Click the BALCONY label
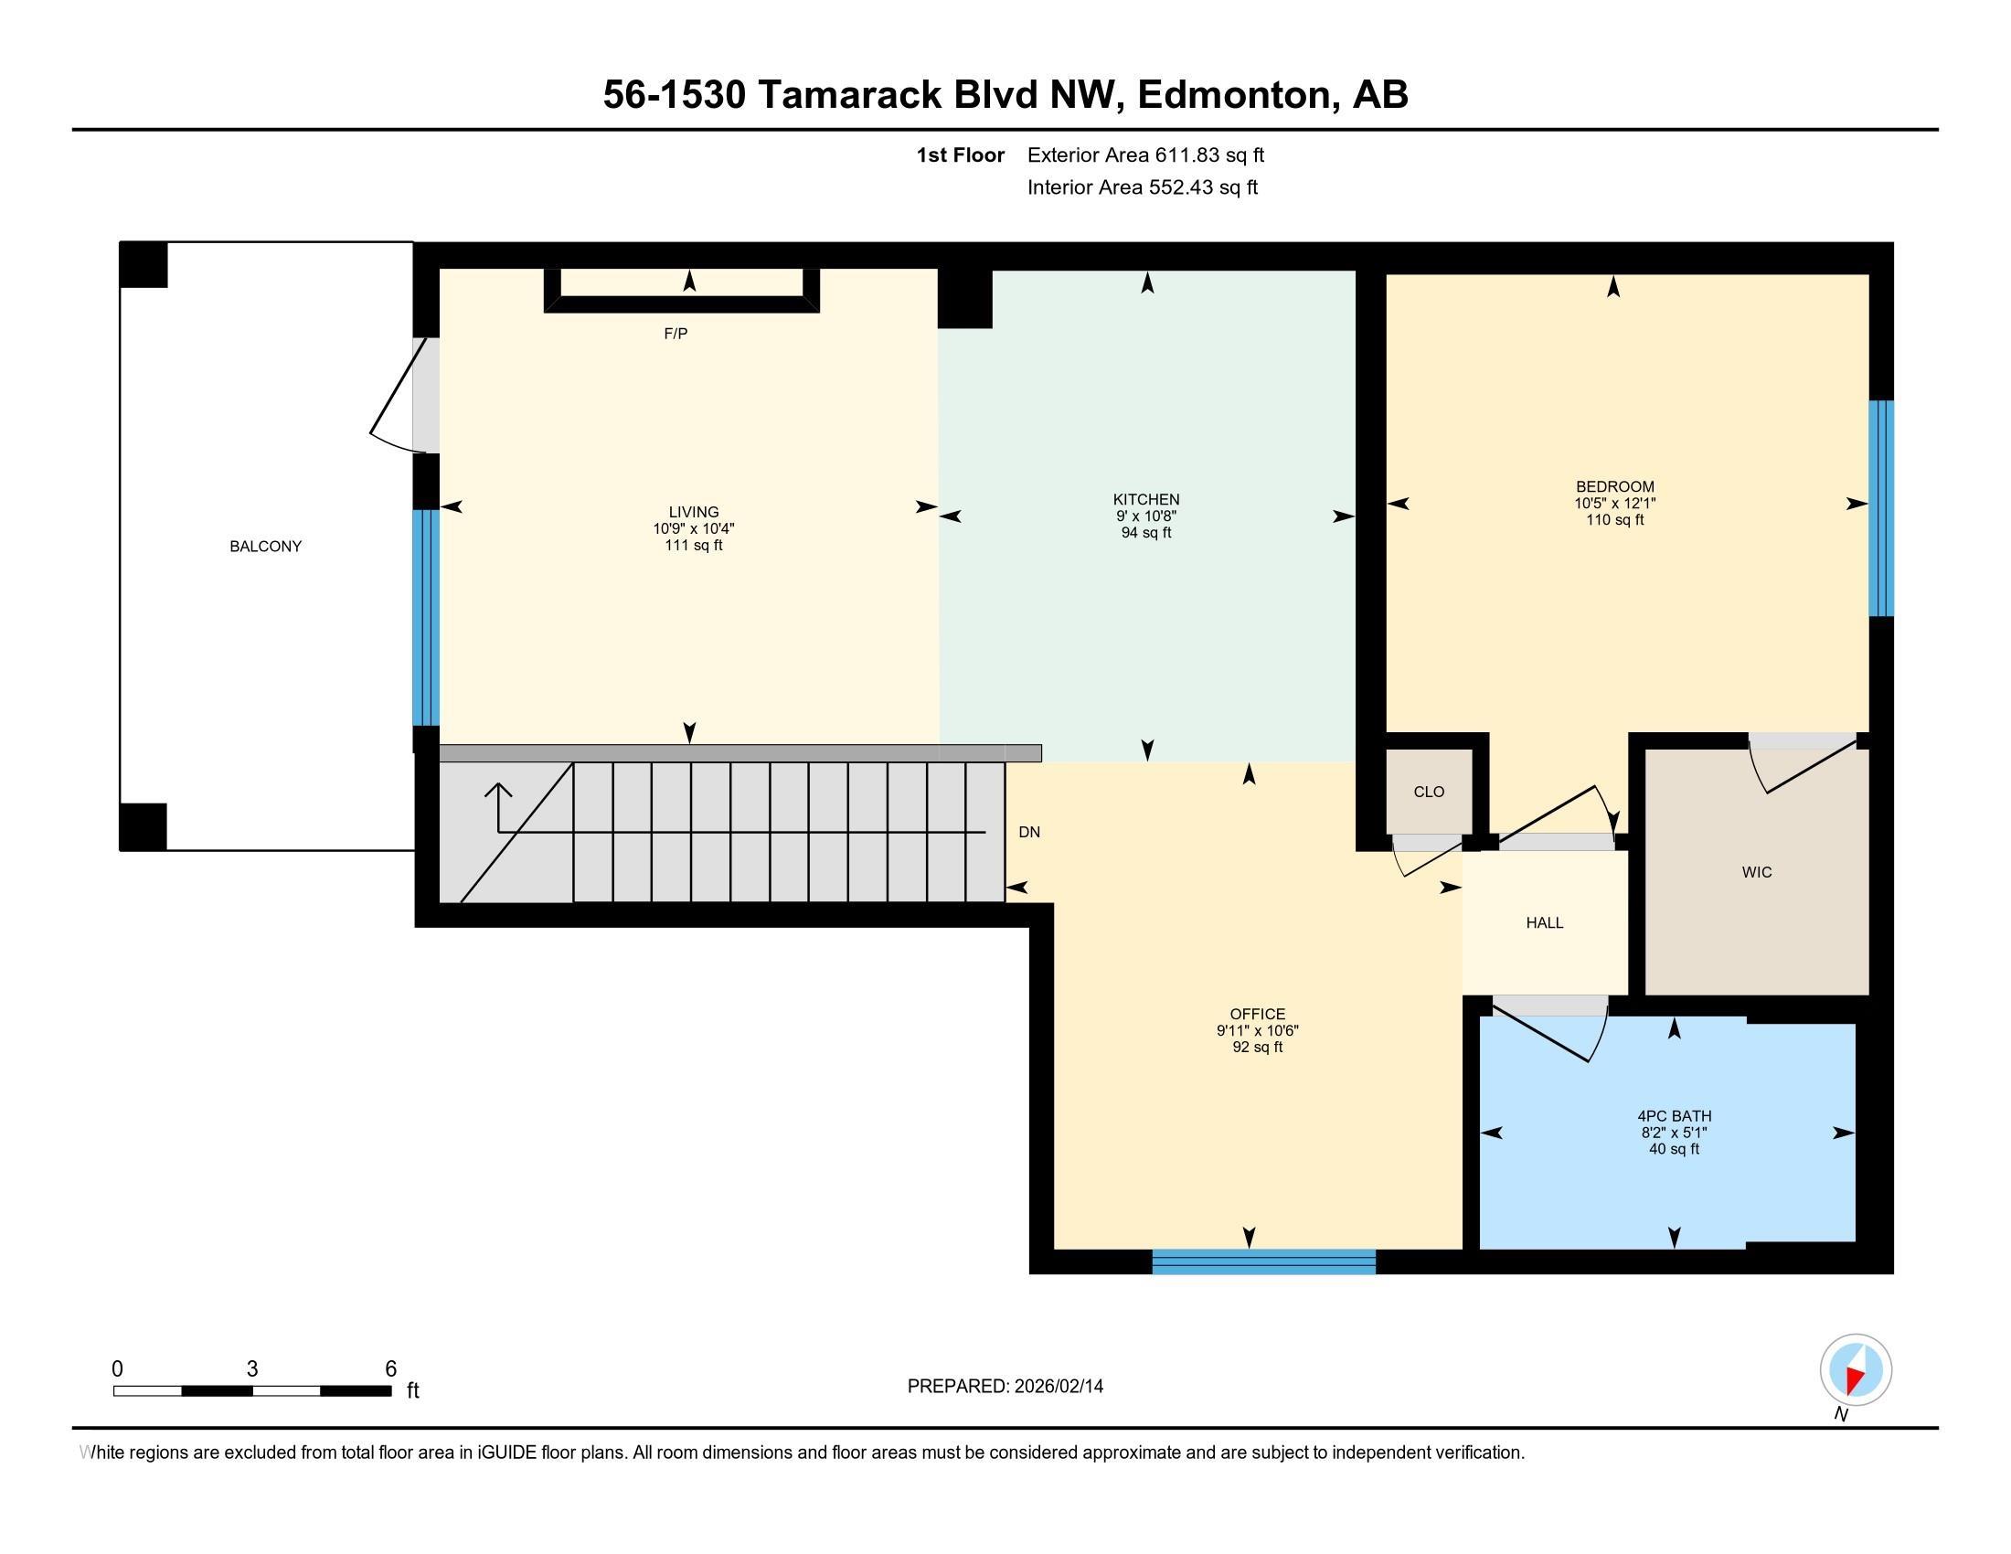[265, 546]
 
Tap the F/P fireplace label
[676, 334]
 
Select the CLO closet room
[1428, 792]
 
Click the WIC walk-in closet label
[1757, 872]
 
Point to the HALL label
[1545, 922]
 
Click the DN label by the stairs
[1029, 832]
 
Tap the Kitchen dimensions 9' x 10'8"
[1146, 516]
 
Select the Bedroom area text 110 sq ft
[1615, 520]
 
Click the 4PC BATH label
[1674, 1116]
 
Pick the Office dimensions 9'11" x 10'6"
[1257, 1031]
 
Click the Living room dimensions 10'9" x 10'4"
[694, 528]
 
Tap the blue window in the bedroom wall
[1881, 508]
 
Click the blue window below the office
[1264, 1261]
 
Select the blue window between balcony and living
[426, 618]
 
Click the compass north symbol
[1856, 1370]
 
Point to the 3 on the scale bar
[252, 1369]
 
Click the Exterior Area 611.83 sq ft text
[1145, 155]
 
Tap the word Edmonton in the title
[1239, 95]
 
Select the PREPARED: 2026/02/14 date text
[1005, 1386]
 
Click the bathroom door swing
[1556, 1035]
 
